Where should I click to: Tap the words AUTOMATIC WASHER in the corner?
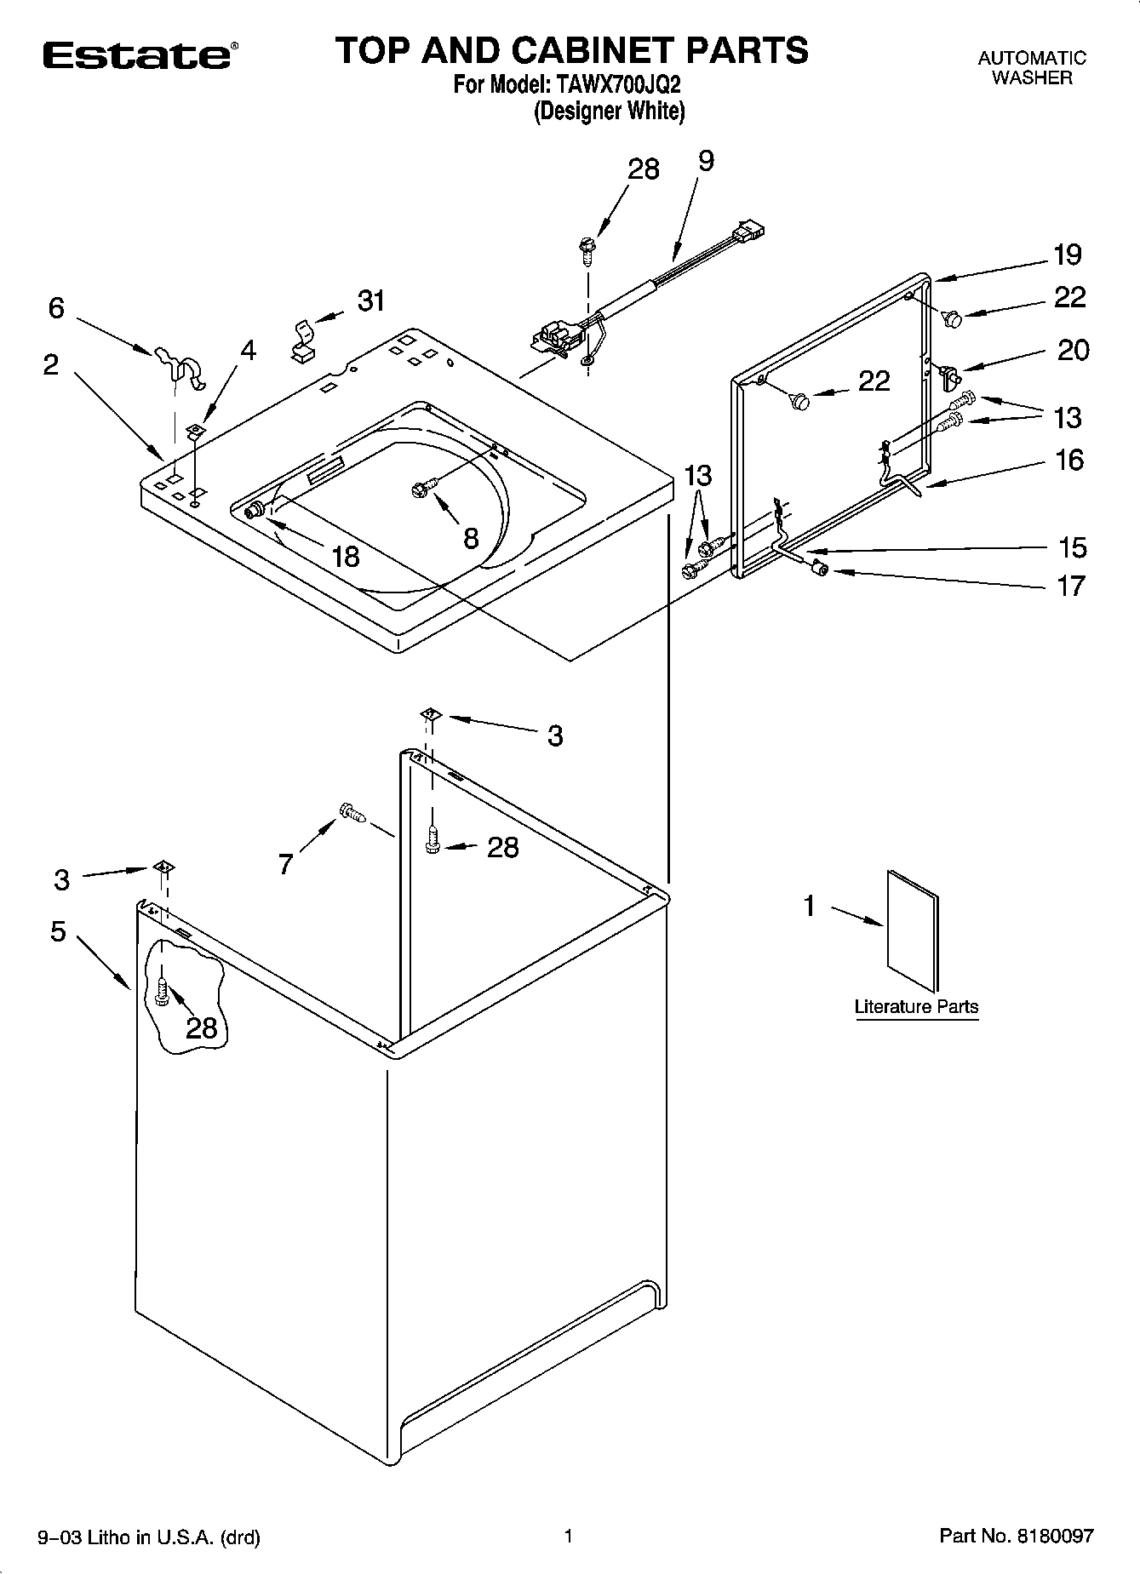click(1032, 68)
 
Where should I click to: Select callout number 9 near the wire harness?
click(706, 162)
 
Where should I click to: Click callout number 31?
click(371, 300)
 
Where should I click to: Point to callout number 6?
click(56, 308)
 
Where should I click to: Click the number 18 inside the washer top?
click(345, 556)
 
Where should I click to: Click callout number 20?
click(1072, 350)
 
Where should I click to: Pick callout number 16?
click(1069, 460)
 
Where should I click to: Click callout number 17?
click(1071, 586)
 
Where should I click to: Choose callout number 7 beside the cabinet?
click(286, 864)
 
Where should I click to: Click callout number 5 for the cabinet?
click(57, 931)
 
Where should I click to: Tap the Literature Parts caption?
click(916, 1006)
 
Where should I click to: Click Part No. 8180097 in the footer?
click(1016, 1536)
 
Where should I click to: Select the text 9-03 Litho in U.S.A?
click(149, 1537)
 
